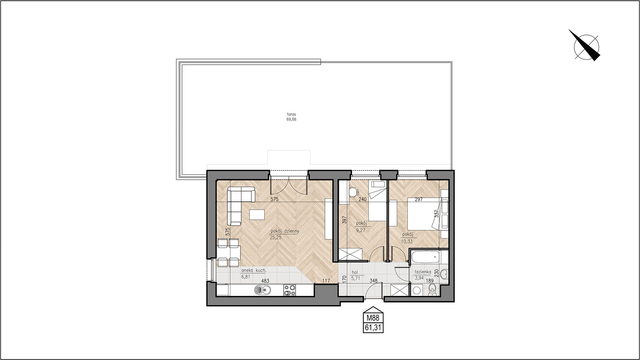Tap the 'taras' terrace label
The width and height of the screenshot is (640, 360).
pyautogui.click(x=291, y=114)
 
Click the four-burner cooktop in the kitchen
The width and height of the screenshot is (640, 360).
pyautogui.click(x=289, y=290)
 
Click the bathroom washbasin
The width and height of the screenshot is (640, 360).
pyautogui.click(x=444, y=275)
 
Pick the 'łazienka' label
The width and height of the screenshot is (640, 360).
pyautogui.click(x=421, y=272)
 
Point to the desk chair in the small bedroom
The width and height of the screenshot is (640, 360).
pyautogui.click(x=353, y=192)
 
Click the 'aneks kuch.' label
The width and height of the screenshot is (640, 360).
pyautogui.click(x=254, y=271)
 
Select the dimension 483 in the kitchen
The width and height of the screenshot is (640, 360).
pyautogui.click(x=265, y=281)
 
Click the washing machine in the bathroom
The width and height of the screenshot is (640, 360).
pyautogui.click(x=417, y=290)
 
